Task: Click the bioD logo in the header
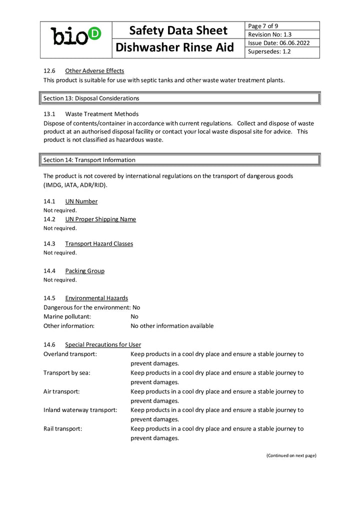(76, 36)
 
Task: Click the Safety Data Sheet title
(178, 30)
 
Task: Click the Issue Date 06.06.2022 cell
(282, 43)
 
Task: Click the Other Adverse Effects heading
(94, 70)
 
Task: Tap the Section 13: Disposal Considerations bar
(179, 98)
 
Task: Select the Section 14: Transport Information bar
(179, 160)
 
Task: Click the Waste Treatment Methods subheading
(101, 114)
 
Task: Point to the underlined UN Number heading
(81, 201)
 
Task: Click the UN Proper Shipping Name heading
(100, 219)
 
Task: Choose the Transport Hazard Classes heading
(99, 243)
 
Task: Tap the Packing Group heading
(84, 271)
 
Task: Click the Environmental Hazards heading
(96, 298)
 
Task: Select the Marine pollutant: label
(67, 316)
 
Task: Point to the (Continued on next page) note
(291, 455)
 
